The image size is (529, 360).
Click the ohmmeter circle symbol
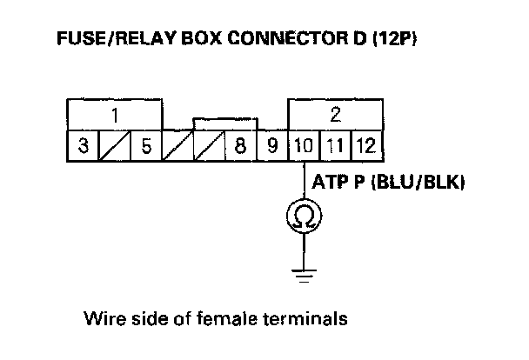point(304,215)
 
